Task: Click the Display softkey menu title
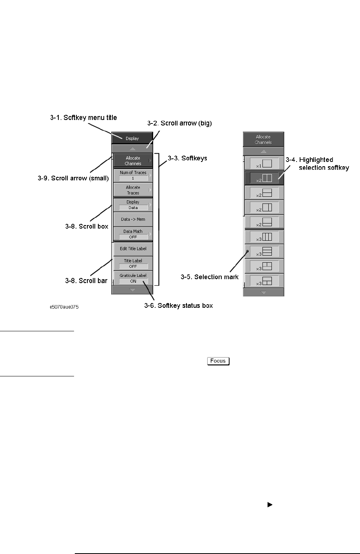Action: coord(132,138)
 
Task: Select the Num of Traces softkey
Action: coord(132,175)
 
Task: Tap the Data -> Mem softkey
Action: coord(133,219)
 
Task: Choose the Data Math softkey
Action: coord(133,234)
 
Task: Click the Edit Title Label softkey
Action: coord(133,249)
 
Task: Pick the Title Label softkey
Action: coord(133,263)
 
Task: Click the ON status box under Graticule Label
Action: coord(133,281)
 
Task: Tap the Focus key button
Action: coord(218,361)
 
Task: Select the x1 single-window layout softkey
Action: coord(264,163)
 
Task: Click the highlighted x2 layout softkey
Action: coord(264,178)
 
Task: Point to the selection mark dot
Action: coord(247,251)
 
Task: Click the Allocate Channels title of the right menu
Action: coord(263,139)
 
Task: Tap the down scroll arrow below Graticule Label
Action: coord(132,290)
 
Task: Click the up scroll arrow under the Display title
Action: coord(132,149)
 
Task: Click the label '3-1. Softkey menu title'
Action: coord(83,117)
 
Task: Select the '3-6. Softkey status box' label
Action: coord(179,305)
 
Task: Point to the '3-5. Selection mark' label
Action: coord(210,277)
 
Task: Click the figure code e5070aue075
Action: coord(64,307)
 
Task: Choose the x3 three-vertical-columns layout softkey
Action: coord(264,237)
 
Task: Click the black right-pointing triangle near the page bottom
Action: coord(270,505)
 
